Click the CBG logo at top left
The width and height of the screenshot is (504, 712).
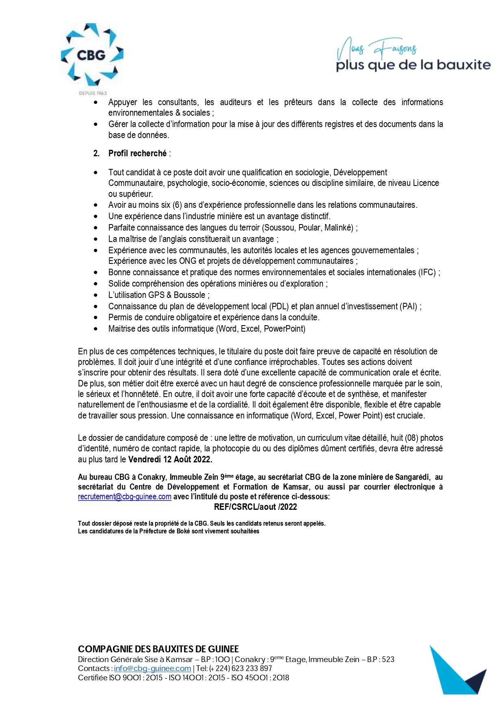click(92, 55)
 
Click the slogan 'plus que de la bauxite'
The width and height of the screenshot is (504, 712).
click(413, 65)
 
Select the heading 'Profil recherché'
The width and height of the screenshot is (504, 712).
click(137, 153)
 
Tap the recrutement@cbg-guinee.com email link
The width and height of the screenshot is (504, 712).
click(125, 497)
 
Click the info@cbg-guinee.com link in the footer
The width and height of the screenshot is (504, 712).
click(152, 668)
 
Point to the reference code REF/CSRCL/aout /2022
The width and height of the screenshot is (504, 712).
click(255, 507)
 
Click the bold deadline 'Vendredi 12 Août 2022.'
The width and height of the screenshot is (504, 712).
click(170, 460)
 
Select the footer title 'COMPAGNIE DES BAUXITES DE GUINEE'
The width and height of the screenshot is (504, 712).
click(158, 649)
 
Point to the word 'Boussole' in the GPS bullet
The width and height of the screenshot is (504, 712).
click(189, 295)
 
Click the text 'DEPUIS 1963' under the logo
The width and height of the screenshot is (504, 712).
click(93, 93)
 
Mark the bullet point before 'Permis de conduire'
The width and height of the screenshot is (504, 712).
click(96, 317)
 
